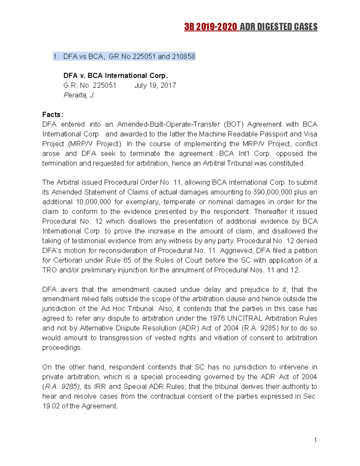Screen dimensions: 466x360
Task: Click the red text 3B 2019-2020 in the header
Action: coord(211,27)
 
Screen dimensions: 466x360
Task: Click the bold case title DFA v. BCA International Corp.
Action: coord(115,76)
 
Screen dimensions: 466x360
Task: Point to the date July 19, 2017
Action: coord(155,86)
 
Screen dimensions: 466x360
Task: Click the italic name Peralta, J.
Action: coord(79,95)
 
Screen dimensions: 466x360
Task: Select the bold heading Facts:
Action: coord(53,115)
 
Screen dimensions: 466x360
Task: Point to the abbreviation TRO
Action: coord(49,270)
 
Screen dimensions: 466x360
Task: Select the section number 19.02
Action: coord(51,406)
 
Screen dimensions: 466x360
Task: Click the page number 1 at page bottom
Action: coord(315,440)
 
